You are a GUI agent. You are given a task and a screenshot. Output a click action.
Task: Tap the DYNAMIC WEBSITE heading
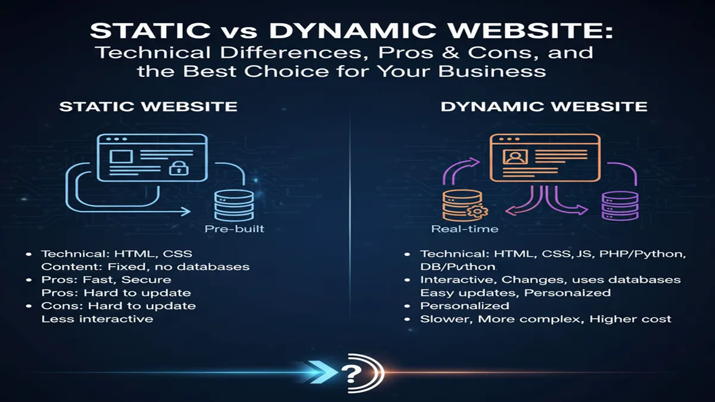(x=543, y=107)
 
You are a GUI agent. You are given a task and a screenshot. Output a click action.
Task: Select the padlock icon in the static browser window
(x=177, y=168)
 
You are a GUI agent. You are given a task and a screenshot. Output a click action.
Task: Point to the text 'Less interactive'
(x=97, y=319)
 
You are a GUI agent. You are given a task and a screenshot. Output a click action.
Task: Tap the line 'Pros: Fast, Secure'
(x=106, y=279)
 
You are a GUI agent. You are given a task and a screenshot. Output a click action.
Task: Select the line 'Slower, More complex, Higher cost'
(x=546, y=319)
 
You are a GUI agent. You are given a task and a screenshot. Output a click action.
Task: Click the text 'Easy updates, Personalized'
(x=515, y=292)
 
